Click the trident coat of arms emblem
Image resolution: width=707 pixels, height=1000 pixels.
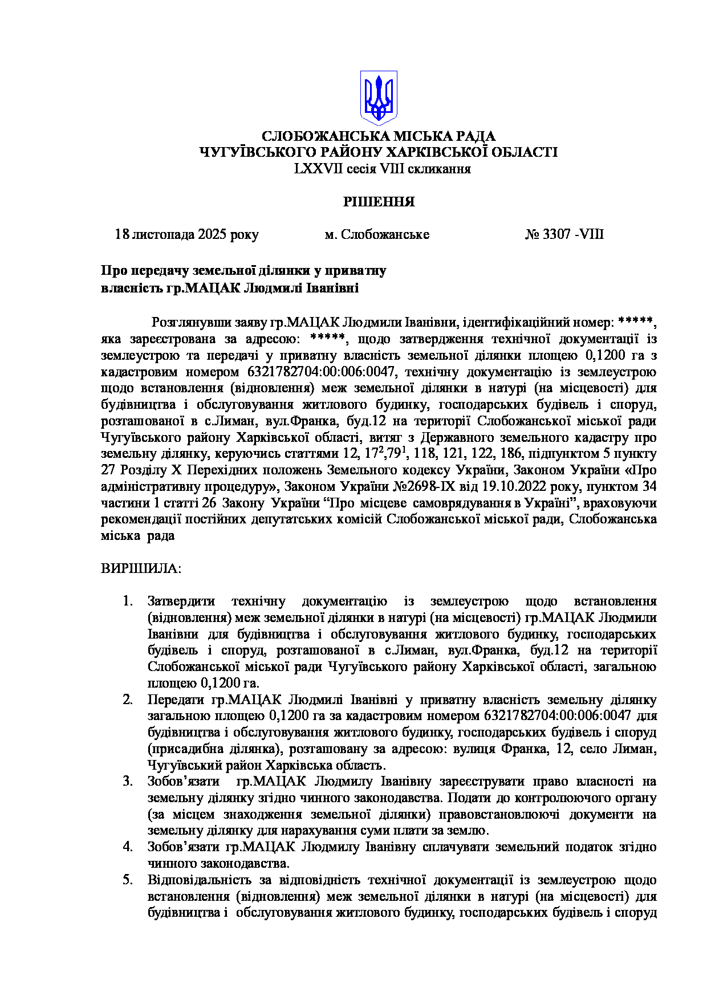378,97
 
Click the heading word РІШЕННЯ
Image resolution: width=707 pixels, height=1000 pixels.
379,202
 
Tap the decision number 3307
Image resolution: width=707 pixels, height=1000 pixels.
556,235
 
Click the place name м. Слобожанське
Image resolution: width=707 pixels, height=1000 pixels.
377,235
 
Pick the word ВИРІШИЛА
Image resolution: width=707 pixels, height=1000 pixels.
140,569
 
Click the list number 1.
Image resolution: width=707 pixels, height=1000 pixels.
128,601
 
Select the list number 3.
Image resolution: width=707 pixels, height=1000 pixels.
128,782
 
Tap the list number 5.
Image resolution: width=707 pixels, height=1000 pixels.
128,880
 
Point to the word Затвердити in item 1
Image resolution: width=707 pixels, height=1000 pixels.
181,601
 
